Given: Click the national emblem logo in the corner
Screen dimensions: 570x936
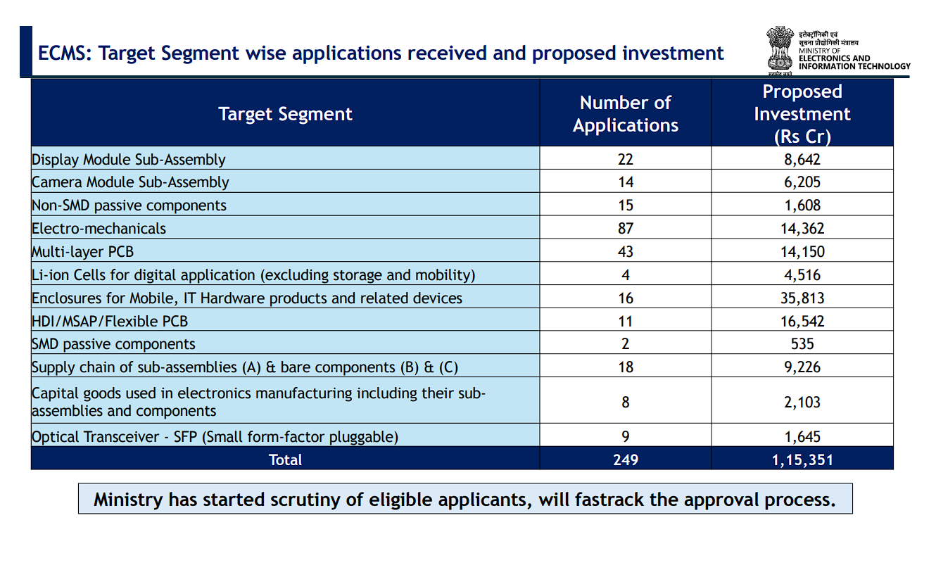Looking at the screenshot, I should [x=779, y=51].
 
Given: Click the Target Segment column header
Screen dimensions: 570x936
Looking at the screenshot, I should [x=285, y=114].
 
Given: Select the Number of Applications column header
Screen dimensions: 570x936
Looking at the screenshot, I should [x=625, y=114].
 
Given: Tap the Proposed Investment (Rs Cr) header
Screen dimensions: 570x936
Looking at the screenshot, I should [x=802, y=114].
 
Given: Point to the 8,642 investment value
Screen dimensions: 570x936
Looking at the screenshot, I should [x=802, y=159].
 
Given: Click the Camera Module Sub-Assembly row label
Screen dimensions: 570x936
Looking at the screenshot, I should [x=130, y=182].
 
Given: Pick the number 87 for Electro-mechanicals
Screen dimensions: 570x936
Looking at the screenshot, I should [x=625, y=229].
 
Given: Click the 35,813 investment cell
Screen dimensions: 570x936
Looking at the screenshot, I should [x=802, y=298].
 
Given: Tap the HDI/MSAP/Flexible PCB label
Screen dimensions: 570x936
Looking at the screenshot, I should [x=110, y=322].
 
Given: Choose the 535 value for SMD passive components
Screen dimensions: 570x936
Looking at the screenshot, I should [x=802, y=344].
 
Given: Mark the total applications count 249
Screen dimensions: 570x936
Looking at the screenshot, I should [x=625, y=460].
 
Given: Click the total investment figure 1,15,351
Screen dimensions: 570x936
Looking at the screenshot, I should [x=802, y=460].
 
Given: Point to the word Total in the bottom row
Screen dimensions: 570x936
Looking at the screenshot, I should [x=285, y=460].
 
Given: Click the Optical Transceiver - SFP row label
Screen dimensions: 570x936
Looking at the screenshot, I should [x=215, y=437].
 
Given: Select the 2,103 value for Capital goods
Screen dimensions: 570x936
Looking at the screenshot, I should [x=802, y=403].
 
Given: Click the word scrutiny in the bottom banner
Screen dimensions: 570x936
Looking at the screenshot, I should [x=310, y=500].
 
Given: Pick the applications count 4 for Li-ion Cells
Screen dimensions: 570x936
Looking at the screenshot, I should [x=625, y=275].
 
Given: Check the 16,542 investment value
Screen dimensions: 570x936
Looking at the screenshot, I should [x=802, y=322].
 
